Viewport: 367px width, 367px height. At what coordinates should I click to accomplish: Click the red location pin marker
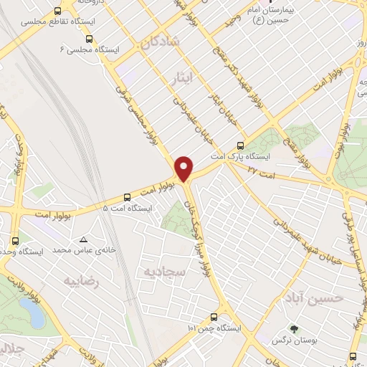pos(184,168)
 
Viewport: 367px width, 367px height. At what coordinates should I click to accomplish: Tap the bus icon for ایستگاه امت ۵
pos(128,196)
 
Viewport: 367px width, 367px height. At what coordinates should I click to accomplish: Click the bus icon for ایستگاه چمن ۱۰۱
pos(214,317)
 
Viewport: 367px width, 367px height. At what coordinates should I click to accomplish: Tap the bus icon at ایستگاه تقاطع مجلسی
pos(58,12)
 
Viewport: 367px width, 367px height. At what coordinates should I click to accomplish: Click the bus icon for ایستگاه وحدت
pos(16,241)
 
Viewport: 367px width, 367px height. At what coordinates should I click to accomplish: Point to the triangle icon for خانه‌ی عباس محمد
pos(85,239)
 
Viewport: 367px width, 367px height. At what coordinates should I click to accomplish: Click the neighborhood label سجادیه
pos(165,272)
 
